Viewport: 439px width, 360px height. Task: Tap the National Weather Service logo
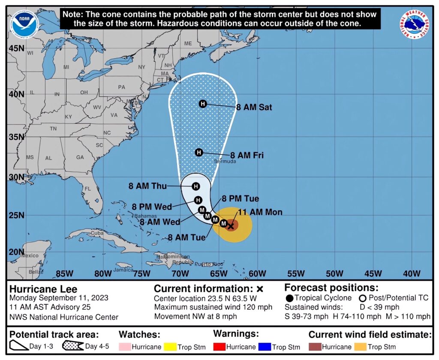pyautogui.click(x=415, y=24)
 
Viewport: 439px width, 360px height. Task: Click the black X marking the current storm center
pyautogui.click(x=231, y=225)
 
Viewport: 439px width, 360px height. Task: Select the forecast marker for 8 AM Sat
pyautogui.click(x=203, y=104)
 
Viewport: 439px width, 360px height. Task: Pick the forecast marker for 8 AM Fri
pyautogui.click(x=199, y=152)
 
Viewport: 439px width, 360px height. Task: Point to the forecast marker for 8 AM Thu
pyautogui.click(x=196, y=186)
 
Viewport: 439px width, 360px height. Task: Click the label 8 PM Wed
pyautogui.click(x=152, y=207)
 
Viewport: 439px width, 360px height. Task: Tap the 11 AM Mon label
pyautogui.click(x=260, y=212)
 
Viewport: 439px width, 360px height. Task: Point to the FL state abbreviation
pyautogui.click(x=88, y=189)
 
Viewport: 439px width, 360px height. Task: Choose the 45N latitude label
pyautogui.click(x=16, y=48)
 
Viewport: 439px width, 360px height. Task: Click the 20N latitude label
pyautogui.click(x=16, y=252)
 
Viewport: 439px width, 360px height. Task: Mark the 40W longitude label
pyautogui.click(x=412, y=273)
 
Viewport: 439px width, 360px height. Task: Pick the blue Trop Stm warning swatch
pyautogui.click(x=265, y=346)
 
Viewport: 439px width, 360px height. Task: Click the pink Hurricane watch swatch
pyautogui.click(x=125, y=346)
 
